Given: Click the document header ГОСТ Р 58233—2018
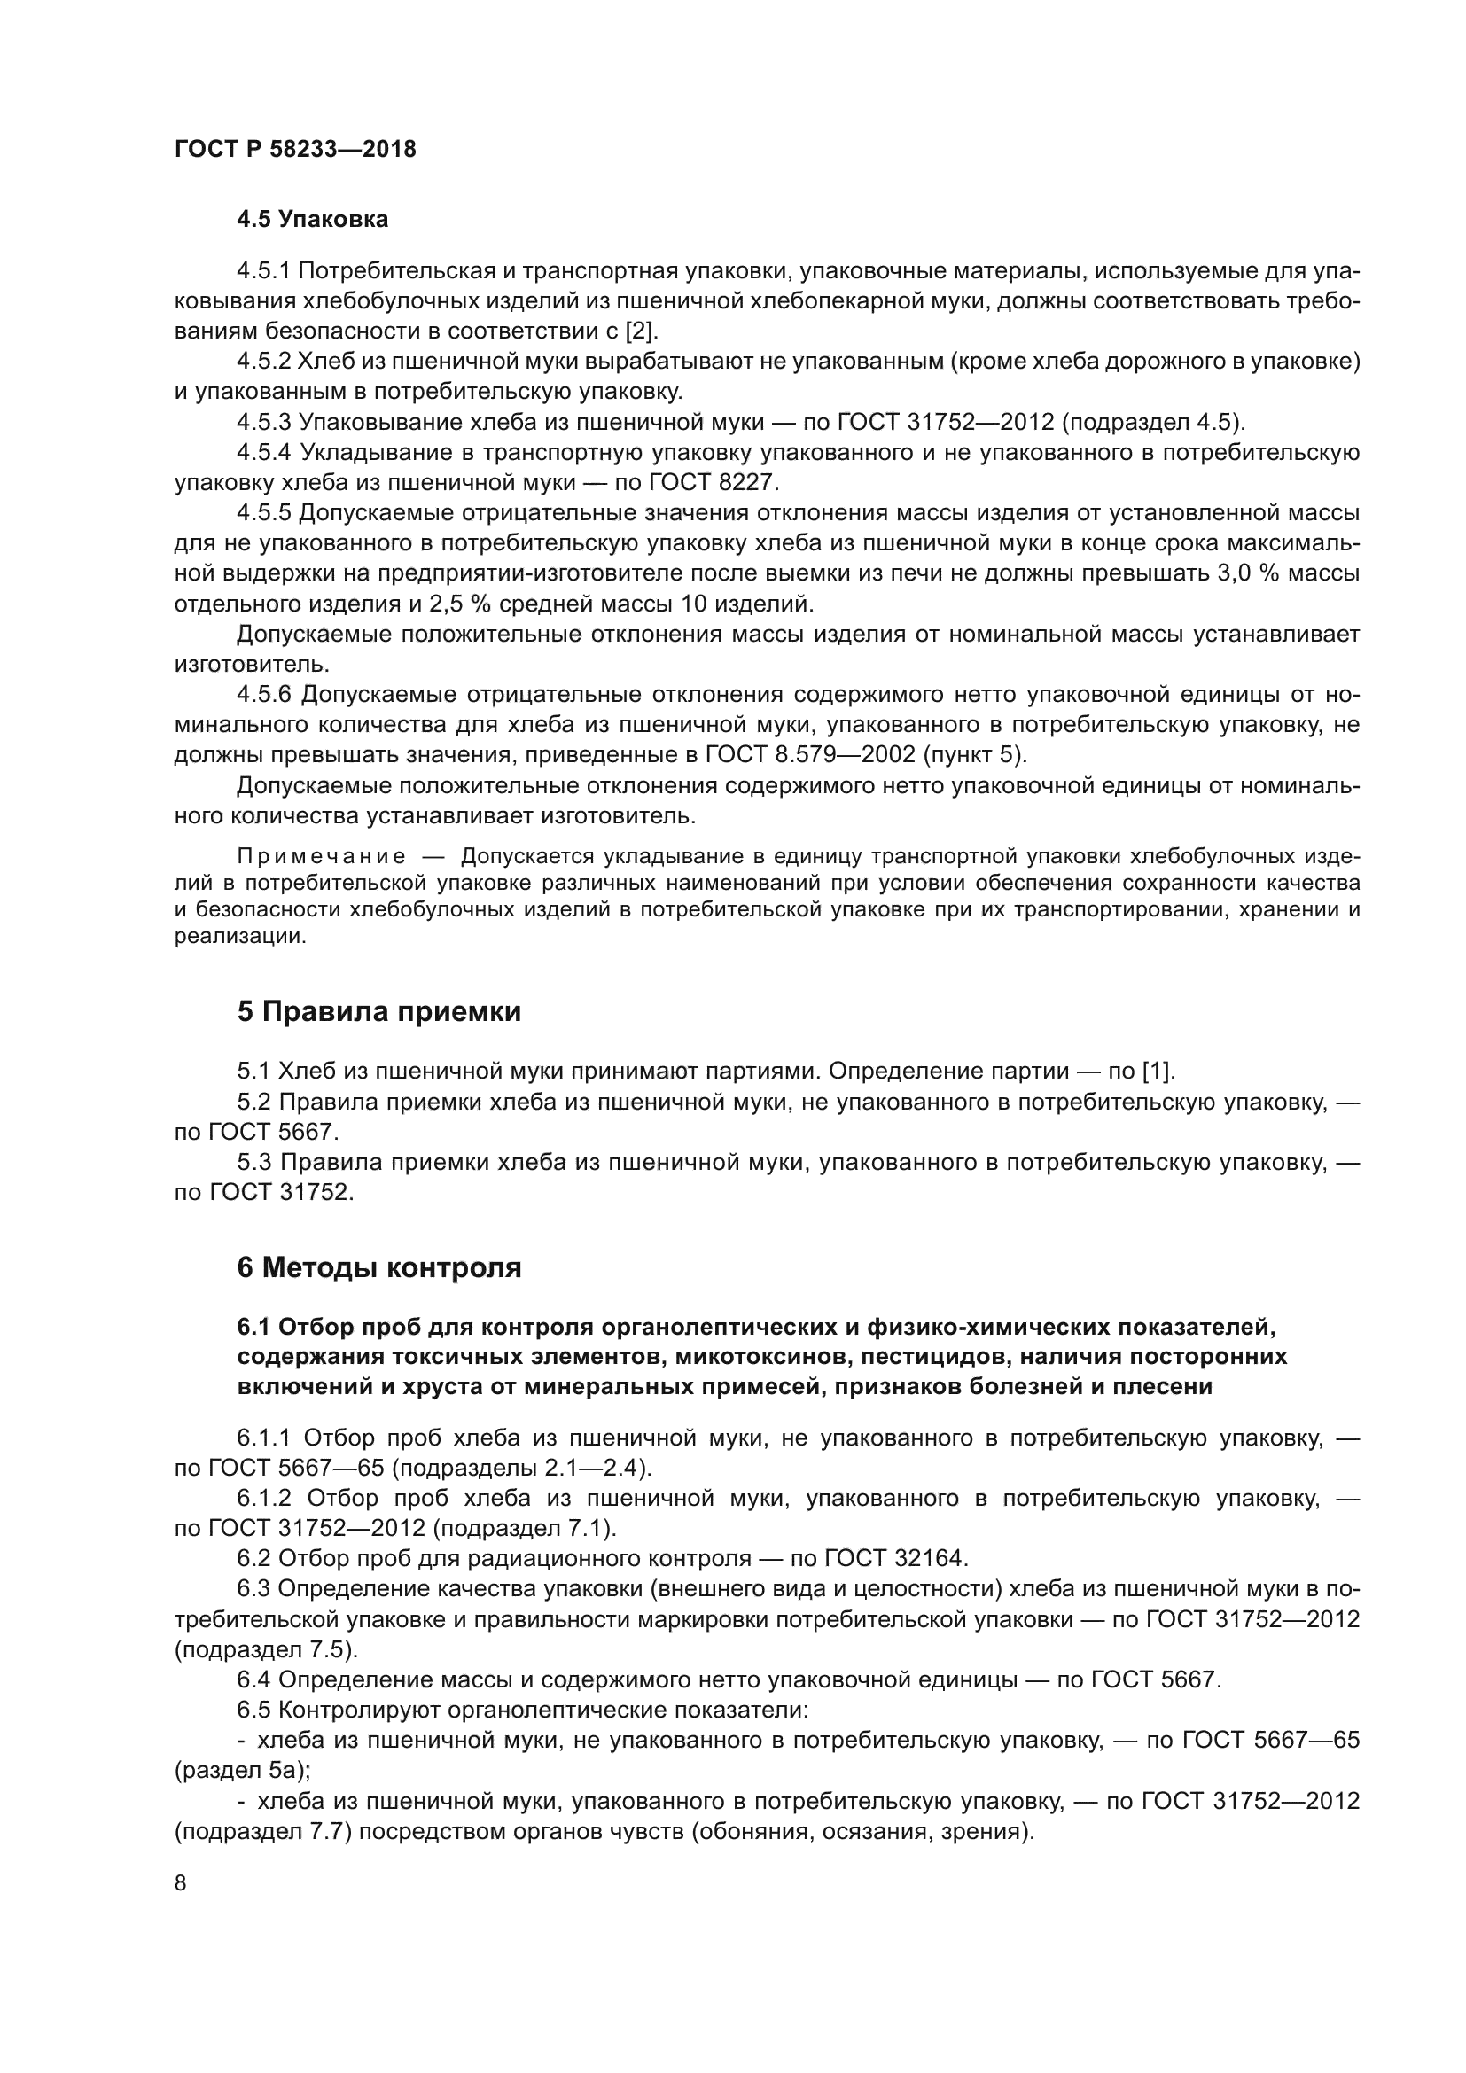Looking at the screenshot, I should click(295, 150).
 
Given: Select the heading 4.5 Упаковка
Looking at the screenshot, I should click(312, 220).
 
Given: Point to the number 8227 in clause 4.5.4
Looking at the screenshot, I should click(739, 482).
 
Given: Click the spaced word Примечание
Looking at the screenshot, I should click(320, 856).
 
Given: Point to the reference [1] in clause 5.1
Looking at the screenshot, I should click(1158, 1072).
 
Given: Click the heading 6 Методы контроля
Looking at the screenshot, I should click(379, 1267).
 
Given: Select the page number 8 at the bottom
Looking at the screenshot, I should click(181, 1882).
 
